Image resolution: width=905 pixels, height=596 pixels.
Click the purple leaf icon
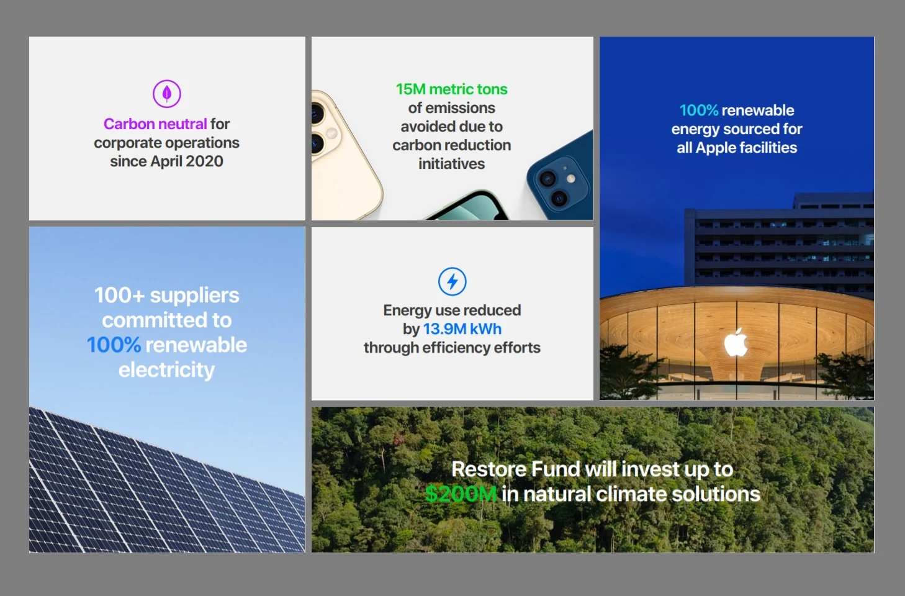(166, 94)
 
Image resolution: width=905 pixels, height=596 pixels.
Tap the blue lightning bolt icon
(452, 281)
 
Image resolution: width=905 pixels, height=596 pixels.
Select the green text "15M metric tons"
(451, 89)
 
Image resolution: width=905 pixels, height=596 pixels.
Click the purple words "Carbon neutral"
(155, 124)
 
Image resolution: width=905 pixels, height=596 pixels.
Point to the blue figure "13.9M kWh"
(462, 329)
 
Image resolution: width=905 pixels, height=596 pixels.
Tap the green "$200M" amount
(461, 494)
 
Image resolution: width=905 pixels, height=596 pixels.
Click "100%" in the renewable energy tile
(698, 111)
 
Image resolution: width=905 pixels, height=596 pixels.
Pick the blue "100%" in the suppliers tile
(114, 345)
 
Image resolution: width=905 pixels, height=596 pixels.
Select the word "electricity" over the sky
(166, 370)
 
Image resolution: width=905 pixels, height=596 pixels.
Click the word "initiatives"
(451, 164)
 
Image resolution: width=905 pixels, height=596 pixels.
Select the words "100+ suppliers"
(166, 296)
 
